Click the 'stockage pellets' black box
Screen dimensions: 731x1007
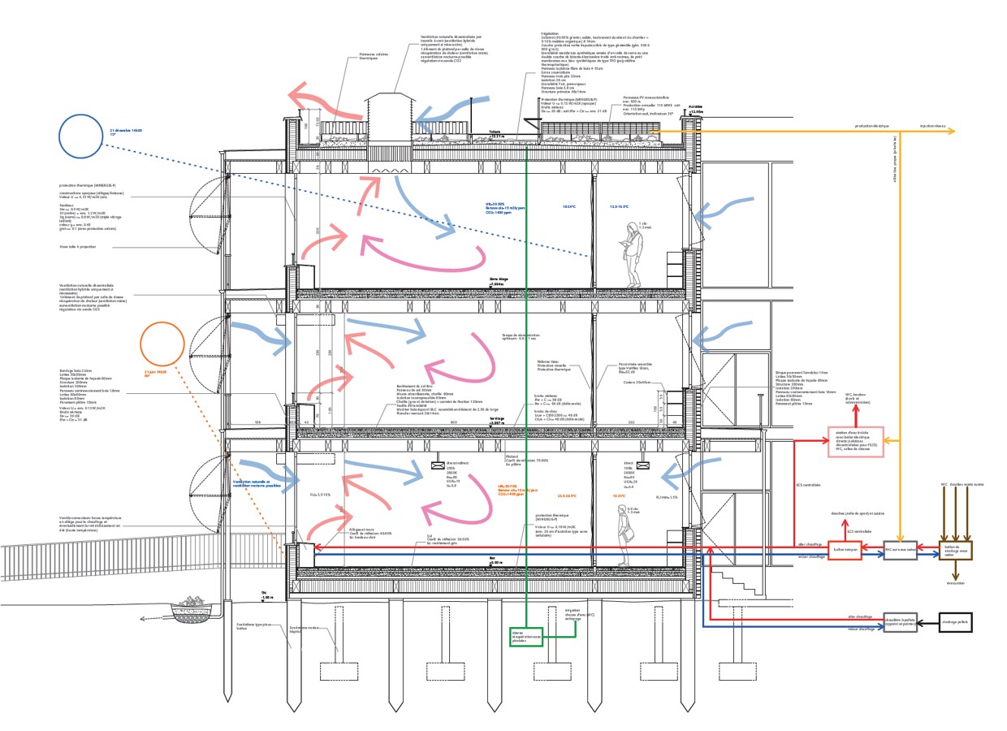coord(955,623)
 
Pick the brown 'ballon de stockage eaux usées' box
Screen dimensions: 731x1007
coord(955,550)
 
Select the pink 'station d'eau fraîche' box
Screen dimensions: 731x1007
coord(856,441)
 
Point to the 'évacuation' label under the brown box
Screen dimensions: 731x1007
coord(955,582)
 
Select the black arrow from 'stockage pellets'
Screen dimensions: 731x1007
coord(928,623)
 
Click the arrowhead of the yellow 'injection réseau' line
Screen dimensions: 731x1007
coord(955,131)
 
